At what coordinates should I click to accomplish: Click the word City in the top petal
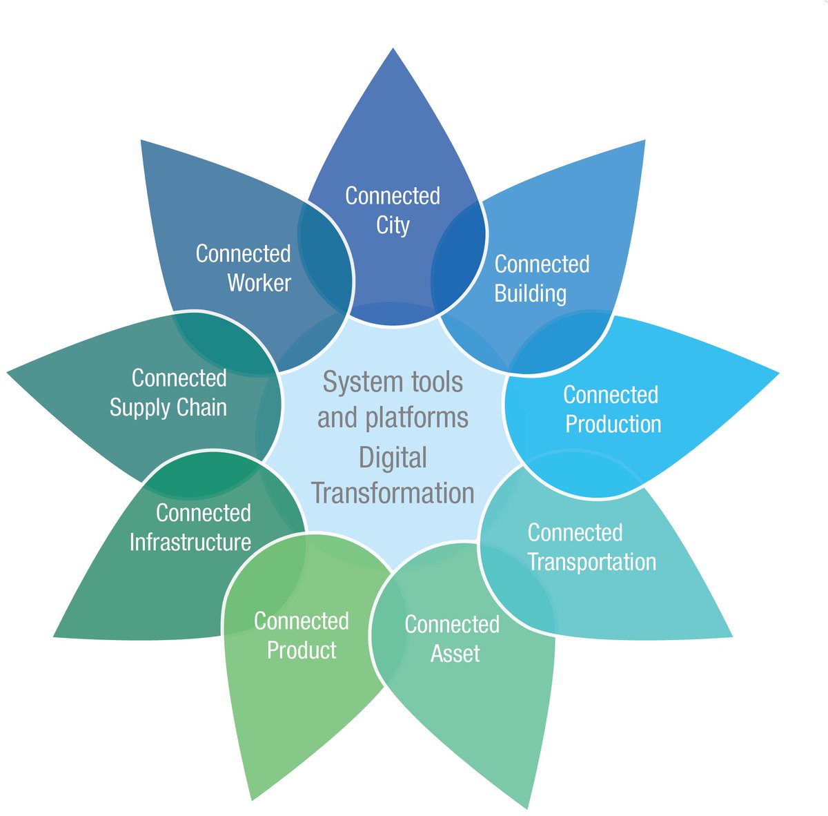point(393,226)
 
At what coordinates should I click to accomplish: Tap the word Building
point(530,293)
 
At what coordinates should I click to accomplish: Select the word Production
point(613,424)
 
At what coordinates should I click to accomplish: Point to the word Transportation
point(591,561)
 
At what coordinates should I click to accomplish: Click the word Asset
point(455,653)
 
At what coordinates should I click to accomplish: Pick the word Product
point(302,650)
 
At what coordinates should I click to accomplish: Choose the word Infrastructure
point(190,542)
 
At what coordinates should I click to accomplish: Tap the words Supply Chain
point(168,407)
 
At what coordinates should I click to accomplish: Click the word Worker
point(259,283)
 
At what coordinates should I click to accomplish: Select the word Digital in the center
point(393,458)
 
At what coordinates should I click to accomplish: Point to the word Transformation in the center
point(393,493)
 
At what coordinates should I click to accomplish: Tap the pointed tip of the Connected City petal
point(393,50)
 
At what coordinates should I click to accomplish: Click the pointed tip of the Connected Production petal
point(778,374)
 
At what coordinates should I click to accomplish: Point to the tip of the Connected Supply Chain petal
point(9,373)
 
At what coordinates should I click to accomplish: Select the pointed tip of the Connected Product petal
point(252,799)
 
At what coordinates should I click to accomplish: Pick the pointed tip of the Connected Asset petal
point(527,807)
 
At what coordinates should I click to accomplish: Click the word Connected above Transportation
point(575,532)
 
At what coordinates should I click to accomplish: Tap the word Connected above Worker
point(243,253)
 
